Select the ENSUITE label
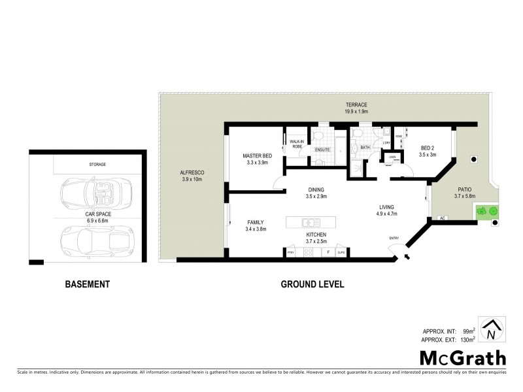[322, 150]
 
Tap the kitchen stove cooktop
[308, 252]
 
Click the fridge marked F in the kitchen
[326, 252]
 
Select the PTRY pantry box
[290, 252]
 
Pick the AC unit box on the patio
[442, 218]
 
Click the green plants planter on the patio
[487, 210]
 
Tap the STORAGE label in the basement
[97, 165]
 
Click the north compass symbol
[490, 330]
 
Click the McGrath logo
[462, 357]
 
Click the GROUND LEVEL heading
[312, 284]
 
